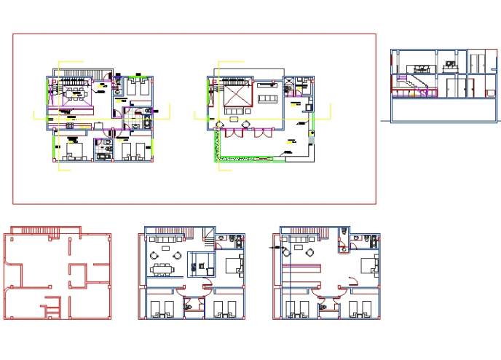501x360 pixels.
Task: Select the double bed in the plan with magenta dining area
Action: tap(74, 151)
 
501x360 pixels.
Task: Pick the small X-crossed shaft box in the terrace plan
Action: tap(297, 82)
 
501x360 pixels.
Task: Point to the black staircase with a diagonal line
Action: tap(210, 237)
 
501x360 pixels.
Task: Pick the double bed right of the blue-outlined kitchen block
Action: tap(234, 266)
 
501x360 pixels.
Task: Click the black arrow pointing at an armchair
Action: tap(277, 249)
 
